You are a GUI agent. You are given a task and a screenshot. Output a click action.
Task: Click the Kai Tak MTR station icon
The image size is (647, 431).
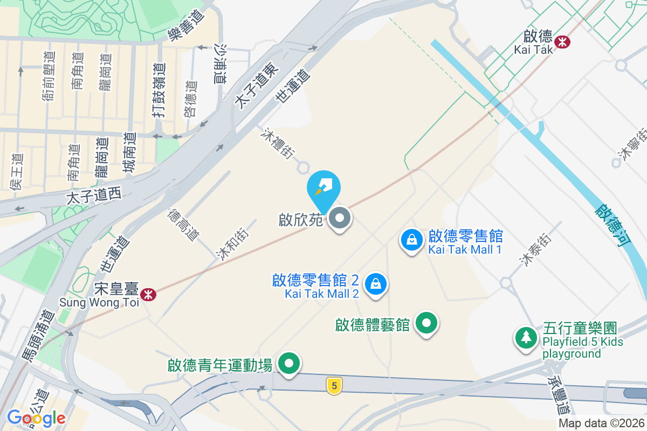[x=563, y=42]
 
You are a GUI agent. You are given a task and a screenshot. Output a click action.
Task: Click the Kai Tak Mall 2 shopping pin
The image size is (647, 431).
[x=376, y=283]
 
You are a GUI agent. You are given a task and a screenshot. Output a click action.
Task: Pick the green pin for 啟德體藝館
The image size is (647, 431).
[x=428, y=323]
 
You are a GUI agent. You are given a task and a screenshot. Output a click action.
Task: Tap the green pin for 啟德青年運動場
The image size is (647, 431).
[x=290, y=363]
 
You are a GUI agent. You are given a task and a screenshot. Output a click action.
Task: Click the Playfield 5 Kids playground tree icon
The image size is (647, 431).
[x=525, y=338]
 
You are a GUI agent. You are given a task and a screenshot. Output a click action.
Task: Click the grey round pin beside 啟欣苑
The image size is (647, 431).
[x=340, y=219]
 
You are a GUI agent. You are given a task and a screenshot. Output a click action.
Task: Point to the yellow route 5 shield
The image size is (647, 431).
[x=334, y=386]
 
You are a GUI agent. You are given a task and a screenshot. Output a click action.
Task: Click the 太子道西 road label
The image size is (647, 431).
[x=94, y=197]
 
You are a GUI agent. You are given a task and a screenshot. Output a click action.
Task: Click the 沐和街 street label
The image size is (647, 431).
[x=229, y=245]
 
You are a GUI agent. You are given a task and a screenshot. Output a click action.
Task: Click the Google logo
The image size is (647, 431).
[x=36, y=418]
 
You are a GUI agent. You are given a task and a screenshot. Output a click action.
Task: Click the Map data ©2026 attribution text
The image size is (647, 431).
[x=601, y=423]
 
